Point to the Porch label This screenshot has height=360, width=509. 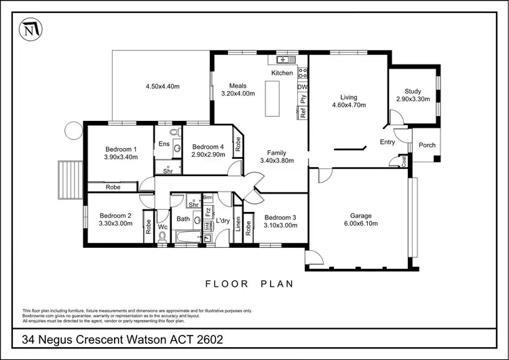point(427,145)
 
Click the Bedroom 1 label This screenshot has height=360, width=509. point(121,149)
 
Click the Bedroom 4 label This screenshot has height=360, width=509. point(207,147)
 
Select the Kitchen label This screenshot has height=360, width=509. point(282,73)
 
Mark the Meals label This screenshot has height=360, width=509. point(238,86)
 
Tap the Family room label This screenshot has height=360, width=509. point(276,153)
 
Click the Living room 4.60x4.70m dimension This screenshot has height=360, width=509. point(349,105)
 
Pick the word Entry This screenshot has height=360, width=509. point(388,142)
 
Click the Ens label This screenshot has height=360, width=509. point(164,144)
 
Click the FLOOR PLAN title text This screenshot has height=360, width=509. point(249,284)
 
